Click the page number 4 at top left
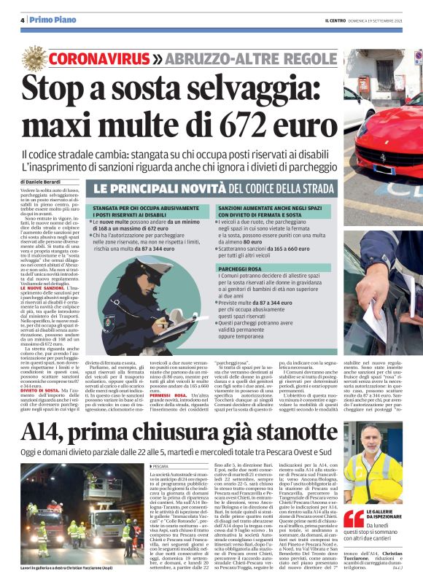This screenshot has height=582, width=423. tap(23, 20)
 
